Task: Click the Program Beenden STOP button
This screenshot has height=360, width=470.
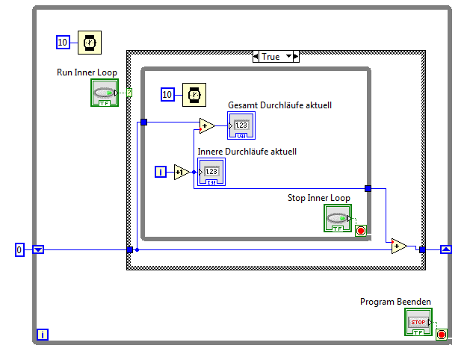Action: coord(418,322)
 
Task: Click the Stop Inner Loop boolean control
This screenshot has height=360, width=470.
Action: coord(338,219)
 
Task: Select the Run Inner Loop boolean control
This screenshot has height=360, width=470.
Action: coord(105,93)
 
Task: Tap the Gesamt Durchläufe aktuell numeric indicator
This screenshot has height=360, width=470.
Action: coord(241,126)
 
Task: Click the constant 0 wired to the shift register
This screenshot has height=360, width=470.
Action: coord(20,249)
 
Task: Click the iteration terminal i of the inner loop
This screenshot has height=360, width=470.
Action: coord(160,173)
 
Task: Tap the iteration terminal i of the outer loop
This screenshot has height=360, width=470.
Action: coord(43,335)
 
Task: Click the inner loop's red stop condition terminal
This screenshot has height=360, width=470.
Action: coord(361,230)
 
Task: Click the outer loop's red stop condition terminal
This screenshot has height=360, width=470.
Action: coord(441,334)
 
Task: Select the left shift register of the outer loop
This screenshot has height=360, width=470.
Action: coord(38,249)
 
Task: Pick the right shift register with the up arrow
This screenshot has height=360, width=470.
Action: coord(446,249)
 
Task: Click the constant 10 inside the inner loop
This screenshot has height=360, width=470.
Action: coord(168,94)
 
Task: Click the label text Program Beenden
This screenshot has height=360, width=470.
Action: coord(395,302)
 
